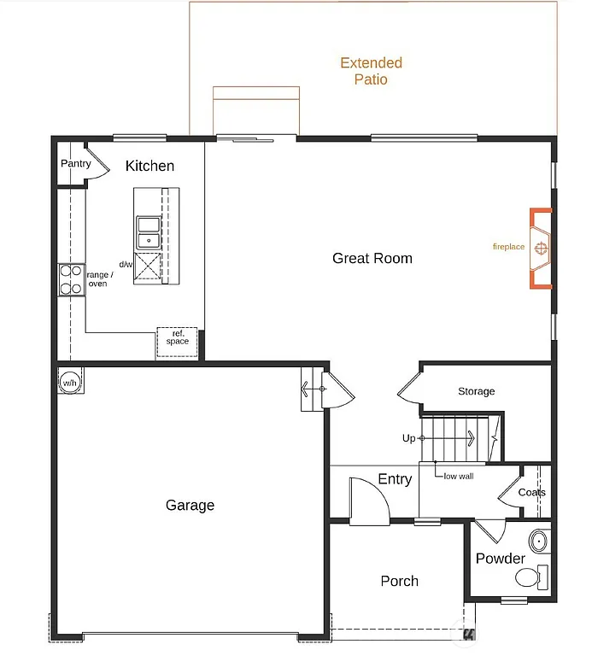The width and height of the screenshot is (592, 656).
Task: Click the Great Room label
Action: (x=372, y=258)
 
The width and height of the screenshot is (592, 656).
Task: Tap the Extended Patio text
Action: (x=371, y=71)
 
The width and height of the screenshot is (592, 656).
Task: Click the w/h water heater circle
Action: (x=68, y=383)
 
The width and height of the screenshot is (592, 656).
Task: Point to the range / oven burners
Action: (x=70, y=280)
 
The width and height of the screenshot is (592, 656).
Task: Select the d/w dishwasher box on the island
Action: (x=149, y=266)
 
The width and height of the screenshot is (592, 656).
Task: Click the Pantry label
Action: (x=75, y=164)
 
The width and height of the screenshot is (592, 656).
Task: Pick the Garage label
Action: (x=190, y=505)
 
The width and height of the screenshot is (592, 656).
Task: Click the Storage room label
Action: (x=476, y=391)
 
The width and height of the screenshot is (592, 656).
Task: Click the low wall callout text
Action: (x=458, y=476)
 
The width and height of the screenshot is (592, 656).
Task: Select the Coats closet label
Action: (x=531, y=493)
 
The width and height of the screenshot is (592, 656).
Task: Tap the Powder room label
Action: (x=500, y=559)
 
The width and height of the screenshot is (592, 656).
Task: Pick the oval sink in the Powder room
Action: (x=539, y=541)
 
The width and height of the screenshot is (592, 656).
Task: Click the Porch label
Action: (x=399, y=581)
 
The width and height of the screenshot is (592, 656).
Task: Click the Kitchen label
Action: (x=149, y=166)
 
